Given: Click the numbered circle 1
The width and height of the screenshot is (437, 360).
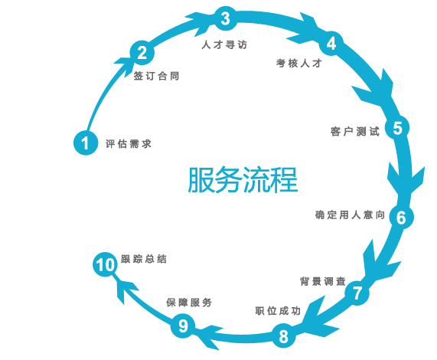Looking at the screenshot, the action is click(86, 142).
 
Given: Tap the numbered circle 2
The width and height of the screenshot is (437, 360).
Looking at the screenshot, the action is click(142, 53).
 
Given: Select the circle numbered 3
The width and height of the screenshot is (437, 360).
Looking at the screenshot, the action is click(226, 18).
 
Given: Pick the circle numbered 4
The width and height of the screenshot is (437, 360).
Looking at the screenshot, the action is click(331, 43).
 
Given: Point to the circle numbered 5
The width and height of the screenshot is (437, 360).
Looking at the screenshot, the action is click(397, 128).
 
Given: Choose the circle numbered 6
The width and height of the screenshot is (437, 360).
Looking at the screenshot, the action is click(401, 217).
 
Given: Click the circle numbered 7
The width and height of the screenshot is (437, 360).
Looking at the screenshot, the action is click(357, 293).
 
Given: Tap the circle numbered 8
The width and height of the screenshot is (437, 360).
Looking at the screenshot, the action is click(283, 335).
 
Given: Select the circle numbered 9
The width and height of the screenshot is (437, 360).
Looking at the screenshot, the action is click(183, 326).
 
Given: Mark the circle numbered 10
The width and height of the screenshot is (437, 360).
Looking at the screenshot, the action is click(105, 264).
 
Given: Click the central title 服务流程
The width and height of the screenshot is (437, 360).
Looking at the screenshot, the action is click(243, 180).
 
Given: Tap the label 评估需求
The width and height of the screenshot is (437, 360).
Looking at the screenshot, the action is click(129, 144).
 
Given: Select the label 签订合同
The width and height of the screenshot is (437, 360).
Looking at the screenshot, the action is click(156, 76).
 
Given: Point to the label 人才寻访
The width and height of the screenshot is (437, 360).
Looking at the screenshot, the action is click(224, 44).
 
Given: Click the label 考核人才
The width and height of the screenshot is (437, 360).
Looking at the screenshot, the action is click(299, 64).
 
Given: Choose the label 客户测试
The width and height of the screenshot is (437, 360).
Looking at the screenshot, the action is click(355, 131).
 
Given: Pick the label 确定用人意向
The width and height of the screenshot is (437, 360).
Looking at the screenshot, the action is click(350, 214).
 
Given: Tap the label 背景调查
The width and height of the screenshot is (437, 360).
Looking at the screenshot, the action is click(323, 281).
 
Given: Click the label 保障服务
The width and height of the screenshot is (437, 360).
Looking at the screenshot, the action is click(189, 303).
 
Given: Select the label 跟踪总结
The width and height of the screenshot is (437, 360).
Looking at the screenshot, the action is click(144, 259).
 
